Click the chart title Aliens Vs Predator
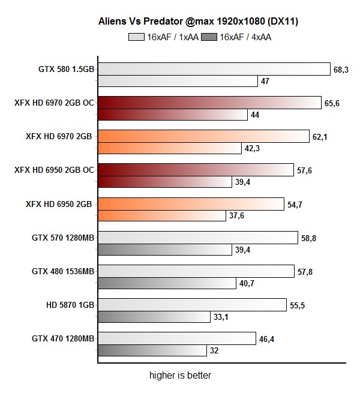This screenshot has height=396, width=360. (x=199, y=22)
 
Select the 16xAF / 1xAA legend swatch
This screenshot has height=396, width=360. (x=136, y=37)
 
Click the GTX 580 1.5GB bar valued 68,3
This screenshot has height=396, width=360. (x=214, y=69)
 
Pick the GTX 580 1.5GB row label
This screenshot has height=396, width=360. (x=65, y=69)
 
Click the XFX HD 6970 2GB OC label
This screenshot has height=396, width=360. (x=55, y=103)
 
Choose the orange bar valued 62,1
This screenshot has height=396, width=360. (x=203, y=136)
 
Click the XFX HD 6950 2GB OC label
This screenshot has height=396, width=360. (x=55, y=170)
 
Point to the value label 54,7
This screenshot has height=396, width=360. (x=295, y=204)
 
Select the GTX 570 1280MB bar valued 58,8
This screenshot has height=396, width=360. (x=197, y=238)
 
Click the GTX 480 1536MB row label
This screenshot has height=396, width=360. (x=64, y=271)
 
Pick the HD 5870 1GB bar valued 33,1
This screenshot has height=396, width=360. (x=154, y=316)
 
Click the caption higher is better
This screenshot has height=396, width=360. (x=180, y=376)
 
